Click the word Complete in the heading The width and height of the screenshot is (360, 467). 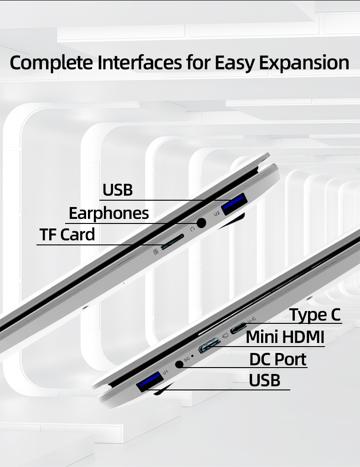pyautogui.click(x=51, y=62)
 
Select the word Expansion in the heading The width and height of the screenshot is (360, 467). pyautogui.click(x=304, y=63)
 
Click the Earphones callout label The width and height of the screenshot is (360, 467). pyautogui.click(x=109, y=213)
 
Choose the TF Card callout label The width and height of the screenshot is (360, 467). pyautogui.click(x=67, y=234)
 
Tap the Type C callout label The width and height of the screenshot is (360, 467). pyautogui.click(x=315, y=315)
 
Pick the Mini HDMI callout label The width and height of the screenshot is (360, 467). pyautogui.click(x=285, y=337)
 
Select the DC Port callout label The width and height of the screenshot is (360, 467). pyautogui.click(x=278, y=359)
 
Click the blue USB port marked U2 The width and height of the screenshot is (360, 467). pyautogui.click(x=234, y=204)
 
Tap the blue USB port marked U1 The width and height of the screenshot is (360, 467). pyautogui.click(x=150, y=382)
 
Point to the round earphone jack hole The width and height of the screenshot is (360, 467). pyautogui.click(x=202, y=223)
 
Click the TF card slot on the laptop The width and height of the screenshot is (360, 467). pyautogui.click(x=172, y=242)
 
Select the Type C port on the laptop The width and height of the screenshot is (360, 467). pyautogui.click(x=239, y=328)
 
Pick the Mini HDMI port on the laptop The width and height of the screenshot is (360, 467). pyautogui.click(x=209, y=346)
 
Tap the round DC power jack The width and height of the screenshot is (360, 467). pyautogui.click(x=179, y=364)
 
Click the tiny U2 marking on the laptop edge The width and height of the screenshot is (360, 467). pyautogui.click(x=217, y=213)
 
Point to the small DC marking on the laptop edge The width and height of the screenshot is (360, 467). pyautogui.click(x=187, y=359)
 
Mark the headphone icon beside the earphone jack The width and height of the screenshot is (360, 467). pyautogui.click(x=192, y=229)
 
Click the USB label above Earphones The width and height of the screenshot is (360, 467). pyautogui.click(x=118, y=190)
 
